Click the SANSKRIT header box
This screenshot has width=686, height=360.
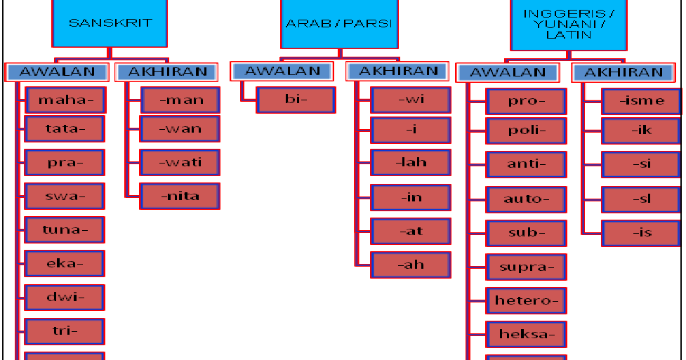110,22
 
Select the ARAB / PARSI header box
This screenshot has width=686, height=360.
338,24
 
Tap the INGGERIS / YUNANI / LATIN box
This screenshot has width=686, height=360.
568,25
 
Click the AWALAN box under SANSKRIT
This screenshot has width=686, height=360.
58,72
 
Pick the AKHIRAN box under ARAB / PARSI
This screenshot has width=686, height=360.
399,71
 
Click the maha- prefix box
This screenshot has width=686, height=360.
65,100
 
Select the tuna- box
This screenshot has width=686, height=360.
65,229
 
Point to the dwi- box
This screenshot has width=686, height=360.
65,297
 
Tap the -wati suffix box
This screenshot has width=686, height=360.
180,162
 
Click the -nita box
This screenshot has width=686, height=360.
180,196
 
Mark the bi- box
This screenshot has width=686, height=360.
296,100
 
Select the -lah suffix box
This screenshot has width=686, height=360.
411,162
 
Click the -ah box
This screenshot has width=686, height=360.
411,265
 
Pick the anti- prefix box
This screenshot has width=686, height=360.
526,164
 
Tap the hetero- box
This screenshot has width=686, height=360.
526,300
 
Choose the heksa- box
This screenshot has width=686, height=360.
526,334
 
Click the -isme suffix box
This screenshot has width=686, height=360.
641,100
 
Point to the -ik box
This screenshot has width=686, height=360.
641,131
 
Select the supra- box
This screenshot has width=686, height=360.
526,267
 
